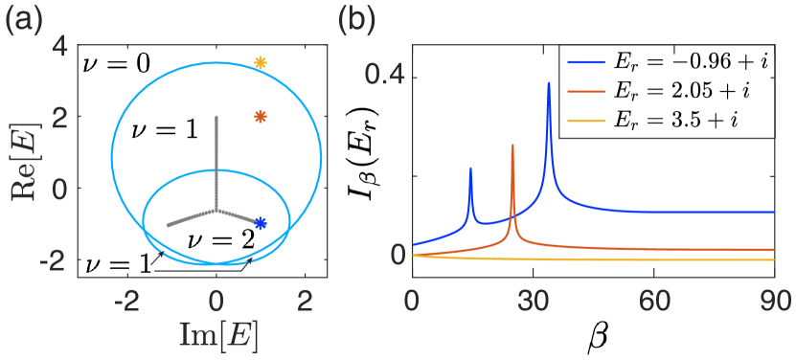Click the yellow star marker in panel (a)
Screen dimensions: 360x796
[x=260, y=63]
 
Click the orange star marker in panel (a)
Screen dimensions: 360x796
[x=260, y=117]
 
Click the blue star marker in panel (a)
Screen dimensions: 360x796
[x=260, y=223]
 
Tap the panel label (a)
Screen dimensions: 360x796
[x=25, y=20]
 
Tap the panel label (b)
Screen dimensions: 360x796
[x=357, y=20]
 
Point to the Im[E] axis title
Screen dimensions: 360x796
[x=218, y=334]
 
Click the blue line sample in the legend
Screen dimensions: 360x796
[x=586, y=63]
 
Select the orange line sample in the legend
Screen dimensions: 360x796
[x=586, y=93]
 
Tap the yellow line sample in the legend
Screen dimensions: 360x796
[x=586, y=122]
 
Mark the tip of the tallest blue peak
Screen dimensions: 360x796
[x=549, y=82]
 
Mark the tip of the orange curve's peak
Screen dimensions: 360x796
[x=512, y=145]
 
